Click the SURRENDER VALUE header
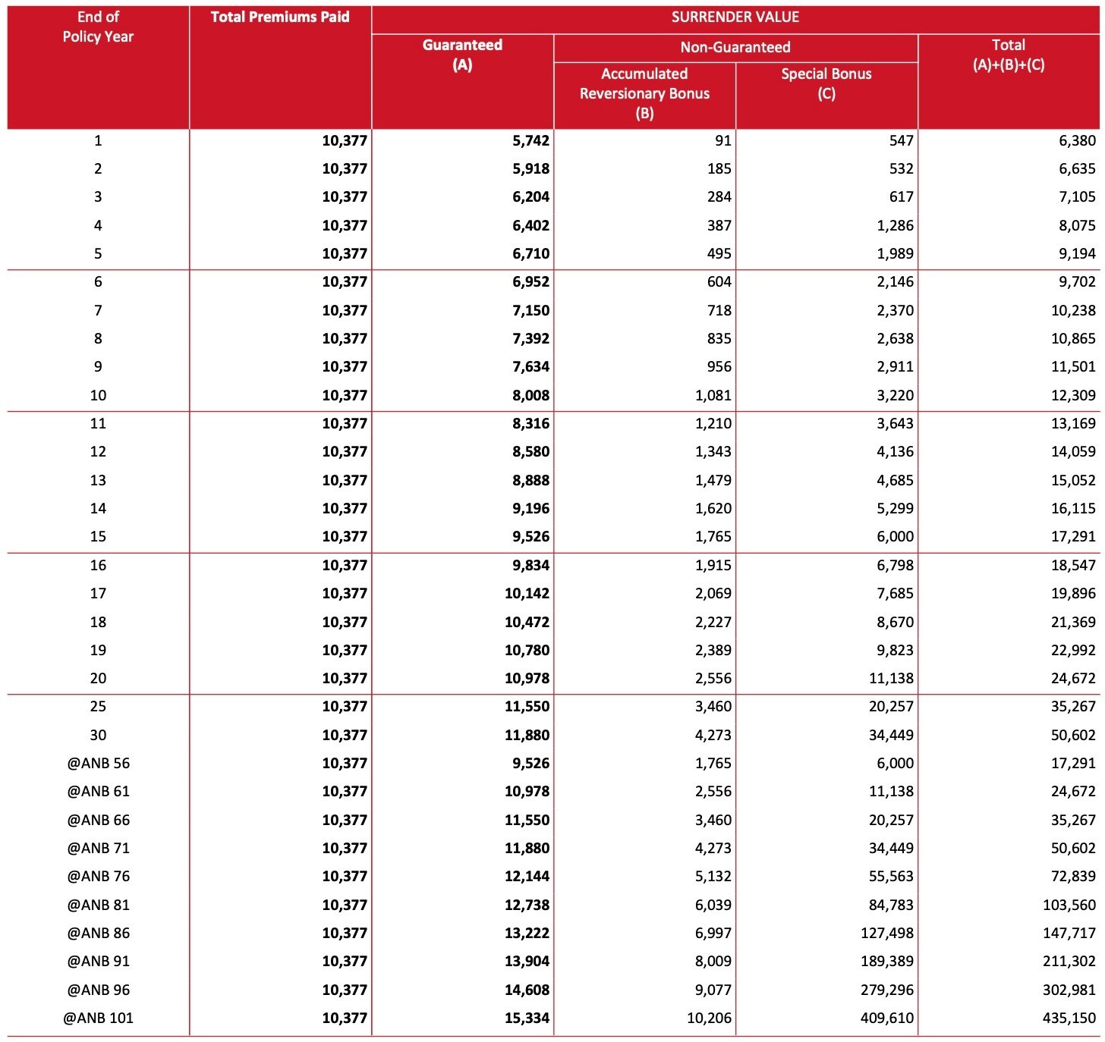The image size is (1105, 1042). (x=735, y=17)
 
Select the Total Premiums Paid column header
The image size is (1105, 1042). (x=280, y=17)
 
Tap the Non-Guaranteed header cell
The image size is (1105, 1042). (x=735, y=47)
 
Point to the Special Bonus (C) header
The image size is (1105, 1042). (x=826, y=83)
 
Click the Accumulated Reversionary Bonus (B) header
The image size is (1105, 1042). (x=644, y=93)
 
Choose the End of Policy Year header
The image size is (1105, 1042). (x=98, y=27)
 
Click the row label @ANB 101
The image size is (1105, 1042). (x=98, y=1018)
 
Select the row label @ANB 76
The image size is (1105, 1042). (x=98, y=876)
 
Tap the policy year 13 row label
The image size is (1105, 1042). (x=98, y=480)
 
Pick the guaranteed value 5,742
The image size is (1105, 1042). (x=530, y=140)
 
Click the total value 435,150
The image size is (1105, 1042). (x=1069, y=1018)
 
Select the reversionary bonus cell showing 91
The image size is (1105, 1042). (x=722, y=140)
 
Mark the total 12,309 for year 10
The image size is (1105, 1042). (x=1073, y=395)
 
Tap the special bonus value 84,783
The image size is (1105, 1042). (x=891, y=905)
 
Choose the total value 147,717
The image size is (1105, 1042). (x=1069, y=933)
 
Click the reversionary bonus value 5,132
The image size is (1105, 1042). (x=713, y=876)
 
